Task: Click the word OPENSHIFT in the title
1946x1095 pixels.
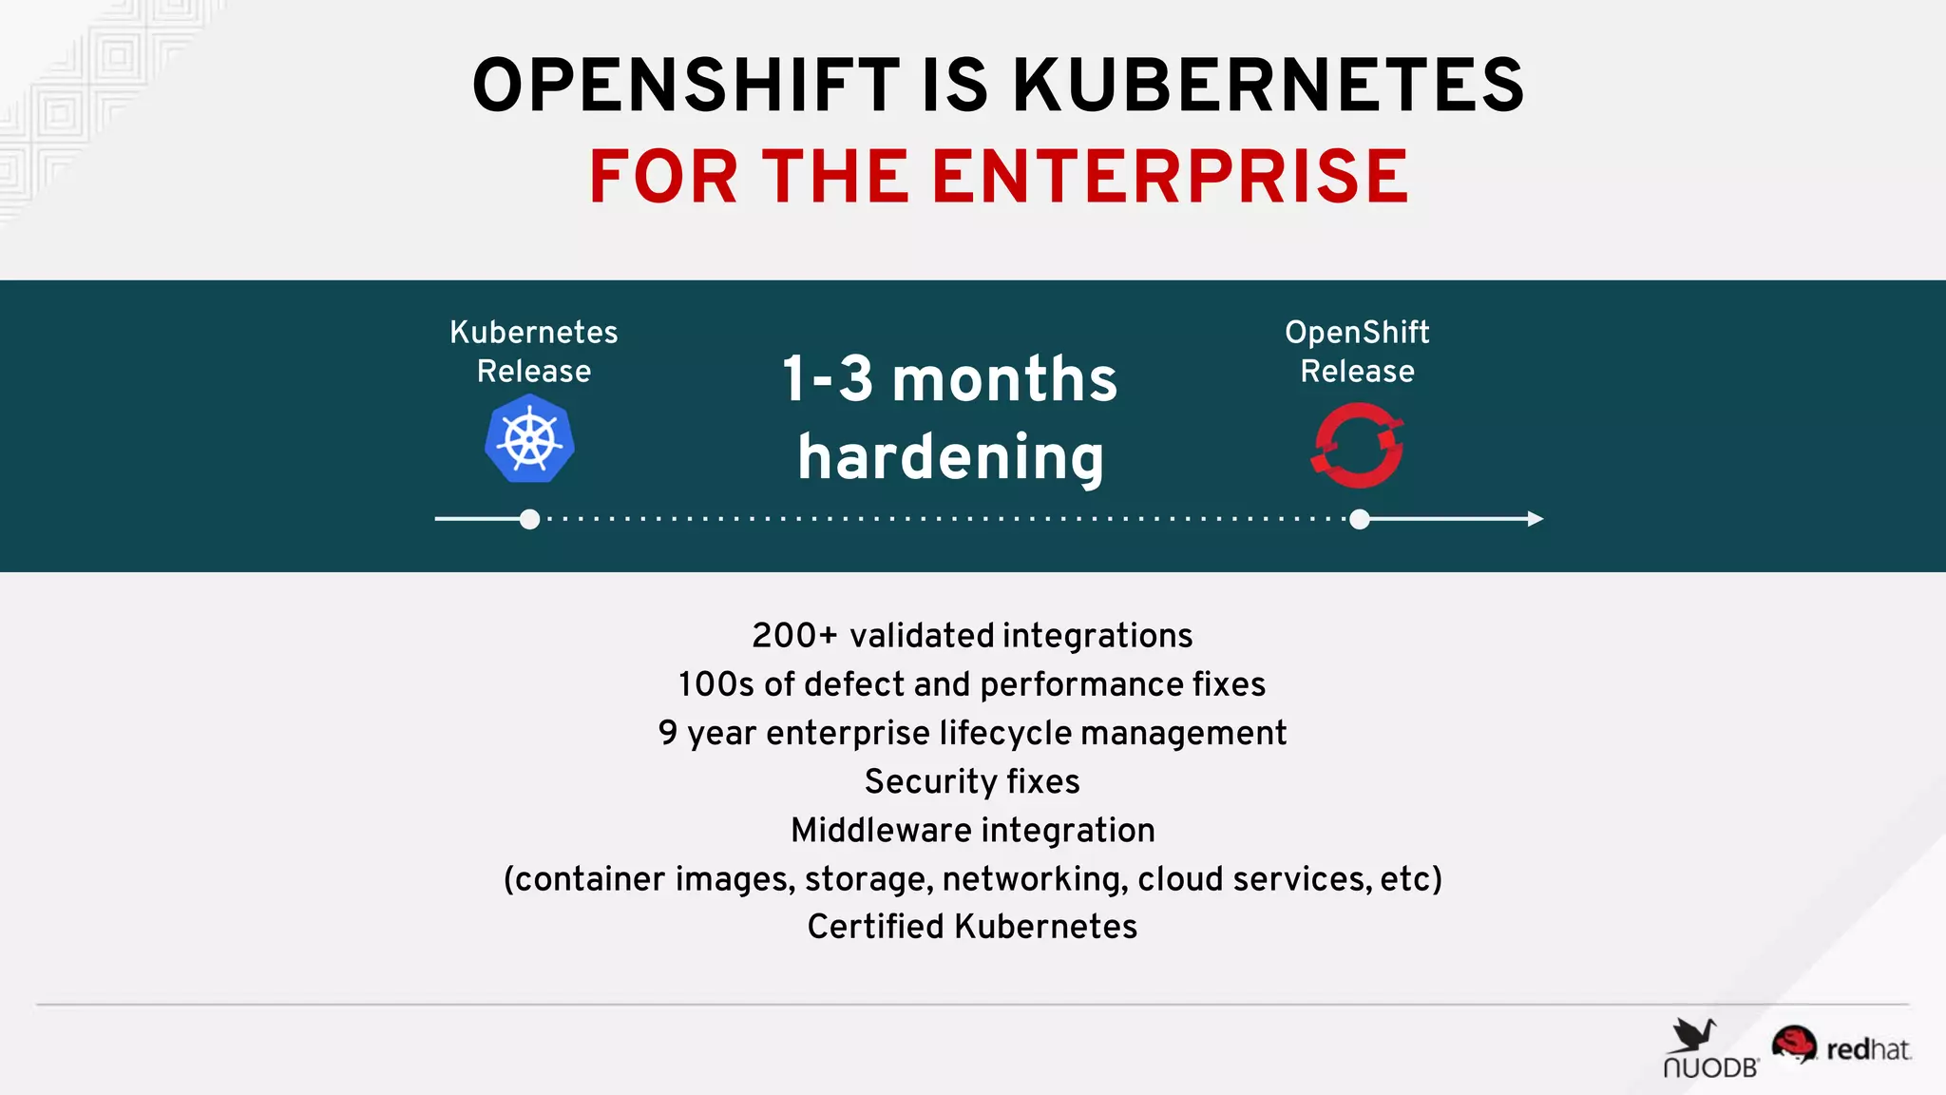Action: click(685, 86)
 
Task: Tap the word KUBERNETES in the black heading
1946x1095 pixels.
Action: click(1268, 86)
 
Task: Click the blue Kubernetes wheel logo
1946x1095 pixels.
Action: click(530, 441)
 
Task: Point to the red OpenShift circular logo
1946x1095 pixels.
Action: click(1358, 445)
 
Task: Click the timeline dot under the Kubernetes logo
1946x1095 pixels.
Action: click(530, 519)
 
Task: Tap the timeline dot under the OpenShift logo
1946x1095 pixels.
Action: click(1360, 519)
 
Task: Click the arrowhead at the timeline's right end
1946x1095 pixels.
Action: click(1535, 519)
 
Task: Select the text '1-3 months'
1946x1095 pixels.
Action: click(949, 379)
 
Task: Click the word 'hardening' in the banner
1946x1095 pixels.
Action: click(950, 457)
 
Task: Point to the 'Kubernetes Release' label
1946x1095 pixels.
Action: click(534, 352)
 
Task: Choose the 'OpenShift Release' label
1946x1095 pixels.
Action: click(1357, 352)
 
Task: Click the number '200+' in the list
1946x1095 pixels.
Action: click(794, 635)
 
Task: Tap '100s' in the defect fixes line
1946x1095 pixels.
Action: click(715, 684)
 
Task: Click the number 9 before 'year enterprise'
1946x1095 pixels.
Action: click(668, 733)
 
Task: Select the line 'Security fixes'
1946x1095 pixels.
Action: click(972, 781)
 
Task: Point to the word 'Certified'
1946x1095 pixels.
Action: click(875, 927)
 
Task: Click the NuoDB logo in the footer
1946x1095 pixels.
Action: click(1709, 1049)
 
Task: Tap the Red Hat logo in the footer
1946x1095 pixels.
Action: click(1841, 1047)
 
